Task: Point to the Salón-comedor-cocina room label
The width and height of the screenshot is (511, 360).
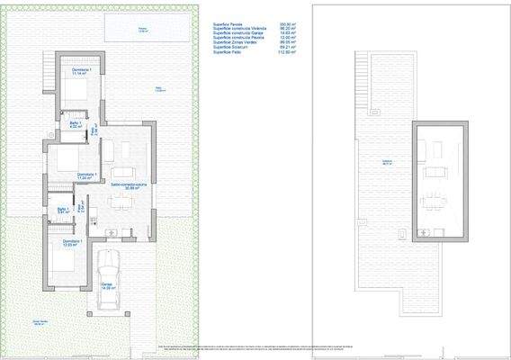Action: point(123,184)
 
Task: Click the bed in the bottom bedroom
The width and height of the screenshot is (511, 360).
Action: point(63,263)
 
